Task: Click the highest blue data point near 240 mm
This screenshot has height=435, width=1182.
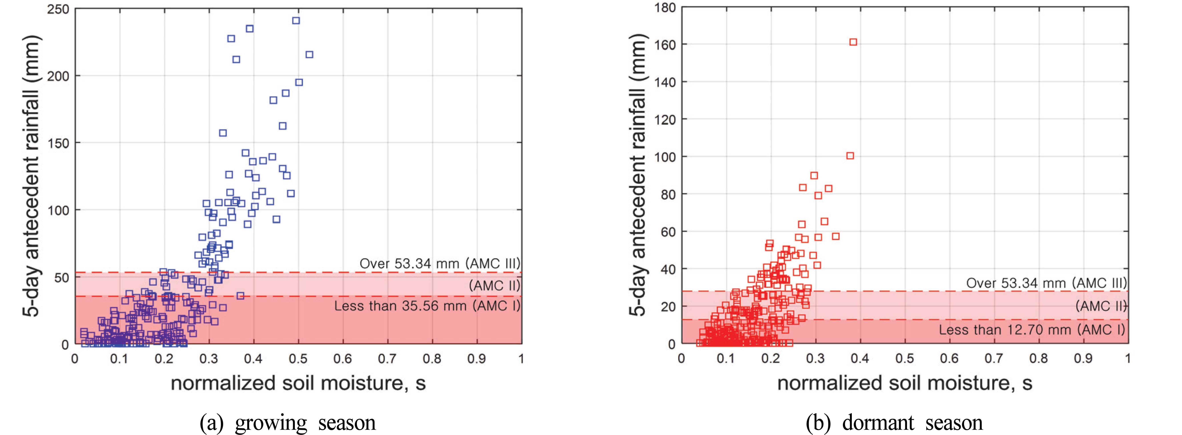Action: point(296,21)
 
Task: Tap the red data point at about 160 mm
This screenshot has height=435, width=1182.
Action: point(853,42)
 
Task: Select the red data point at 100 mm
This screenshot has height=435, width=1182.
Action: point(850,156)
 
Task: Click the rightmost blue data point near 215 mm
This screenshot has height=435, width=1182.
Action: point(309,55)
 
